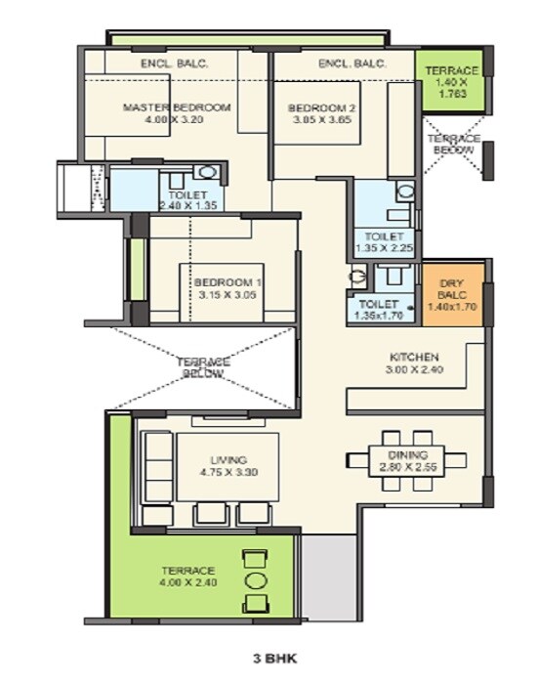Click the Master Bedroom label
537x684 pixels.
[x=177, y=107]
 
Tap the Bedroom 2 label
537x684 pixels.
[x=319, y=107]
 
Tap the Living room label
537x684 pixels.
[x=228, y=459]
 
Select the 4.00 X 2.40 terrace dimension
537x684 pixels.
[x=189, y=583]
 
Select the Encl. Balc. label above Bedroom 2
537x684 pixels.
[x=352, y=64]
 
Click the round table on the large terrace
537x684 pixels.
[x=255, y=579]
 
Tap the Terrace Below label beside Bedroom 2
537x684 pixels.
[x=455, y=145]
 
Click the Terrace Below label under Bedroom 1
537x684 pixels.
[x=203, y=367]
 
